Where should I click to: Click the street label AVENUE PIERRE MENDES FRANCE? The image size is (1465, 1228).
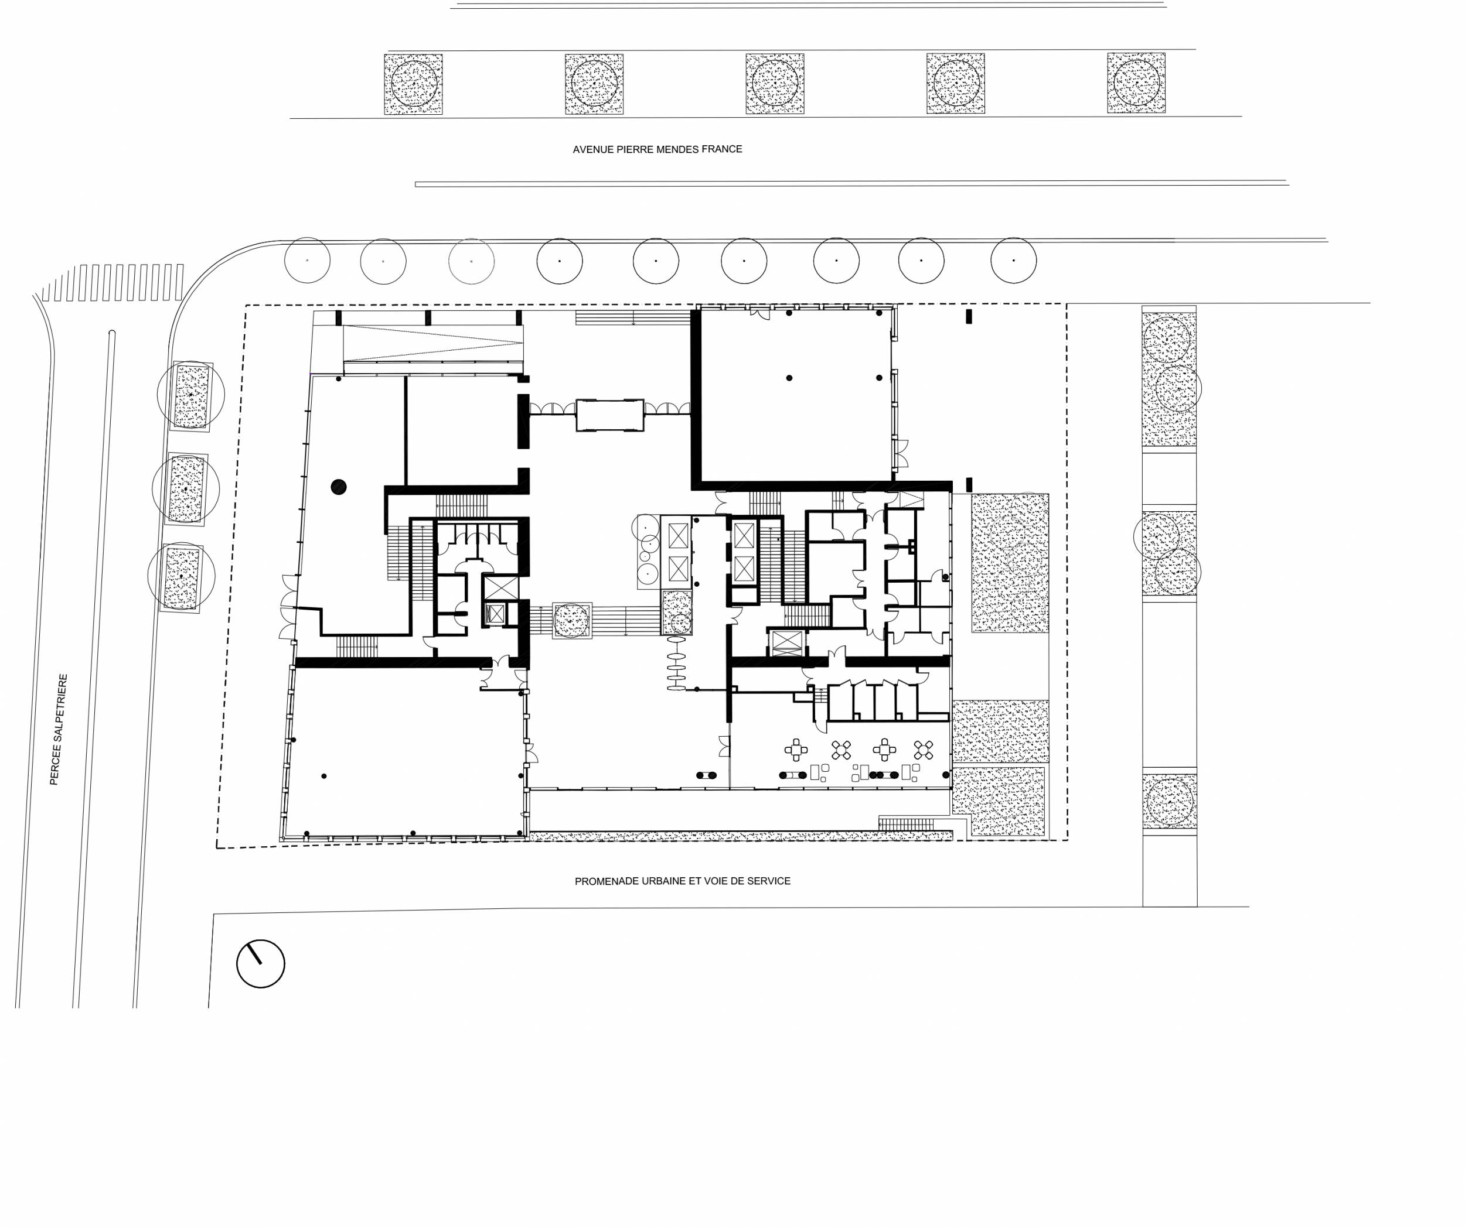(x=657, y=149)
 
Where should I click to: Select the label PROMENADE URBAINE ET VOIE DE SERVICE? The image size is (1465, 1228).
(x=682, y=881)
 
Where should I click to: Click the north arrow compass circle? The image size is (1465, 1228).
(x=261, y=964)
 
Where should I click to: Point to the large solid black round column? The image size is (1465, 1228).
(x=339, y=487)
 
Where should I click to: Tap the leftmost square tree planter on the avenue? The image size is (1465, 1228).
(x=413, y=84)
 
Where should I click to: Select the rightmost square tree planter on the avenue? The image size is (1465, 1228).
(x=1136, y=83)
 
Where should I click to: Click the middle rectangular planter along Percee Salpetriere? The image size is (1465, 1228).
(x=186, y=490)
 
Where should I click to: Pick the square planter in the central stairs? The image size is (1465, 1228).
(x=572, y=621)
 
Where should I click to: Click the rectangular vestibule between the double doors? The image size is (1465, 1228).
(x=609, y=416)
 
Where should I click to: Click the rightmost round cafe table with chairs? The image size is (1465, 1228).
(x=924, y=750)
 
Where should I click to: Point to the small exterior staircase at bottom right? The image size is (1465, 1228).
(x=905, y=823)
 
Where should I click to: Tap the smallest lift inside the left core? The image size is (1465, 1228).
(x=495, y=614)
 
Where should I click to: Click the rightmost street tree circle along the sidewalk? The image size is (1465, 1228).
(x=1013, y=261)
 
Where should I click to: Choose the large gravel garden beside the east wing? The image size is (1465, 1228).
(x=1010, y=563)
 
